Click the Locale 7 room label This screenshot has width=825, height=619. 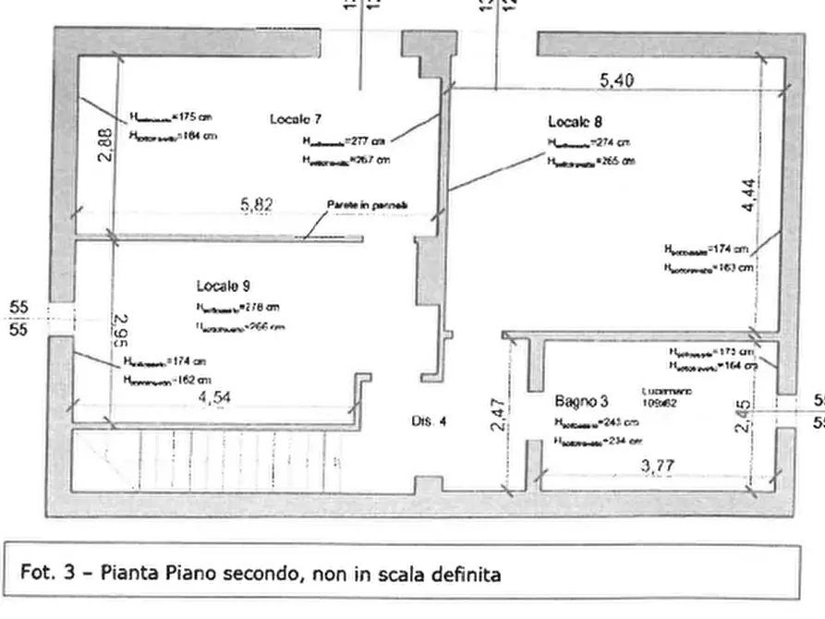(x=295, y=119)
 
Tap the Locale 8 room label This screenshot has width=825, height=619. (x=576, y=121)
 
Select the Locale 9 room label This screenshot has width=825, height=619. (x=223, y=286)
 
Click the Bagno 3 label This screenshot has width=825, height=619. (x=581, y=402)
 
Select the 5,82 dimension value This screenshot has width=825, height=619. (x=256, y=205)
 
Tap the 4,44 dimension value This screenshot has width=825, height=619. (x=750, y=193)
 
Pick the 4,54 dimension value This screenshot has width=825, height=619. (x=214, y=398)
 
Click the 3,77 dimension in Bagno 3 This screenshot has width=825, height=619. (x=657, y=467)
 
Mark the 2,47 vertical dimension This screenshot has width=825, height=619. (x=497, y=413)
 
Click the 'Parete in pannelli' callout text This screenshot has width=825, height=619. (x=367, y=204)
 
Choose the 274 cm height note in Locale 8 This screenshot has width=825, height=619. (x=588, y=143)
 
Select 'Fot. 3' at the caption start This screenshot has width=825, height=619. (x=42, y=574)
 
